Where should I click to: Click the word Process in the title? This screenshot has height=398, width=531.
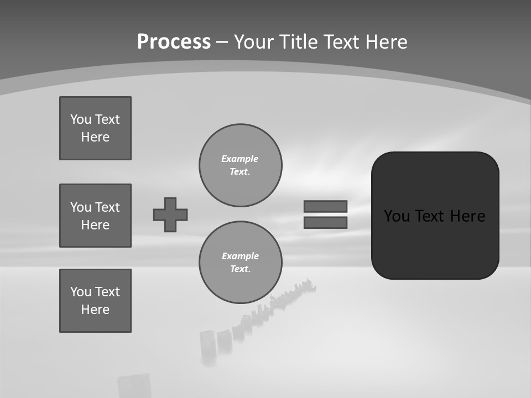click(x=174, y=42)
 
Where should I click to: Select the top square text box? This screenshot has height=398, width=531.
click(x=95, y=128)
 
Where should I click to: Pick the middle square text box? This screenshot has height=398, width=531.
click(x=95, y=216)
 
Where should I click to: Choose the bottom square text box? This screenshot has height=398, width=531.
click(x=95, y=301)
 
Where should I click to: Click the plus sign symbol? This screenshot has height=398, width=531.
click(x=170, y=214)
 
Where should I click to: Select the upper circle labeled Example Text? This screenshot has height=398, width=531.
click(x=240, y=165)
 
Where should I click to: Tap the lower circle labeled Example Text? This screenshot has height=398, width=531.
click(x=240, y=262)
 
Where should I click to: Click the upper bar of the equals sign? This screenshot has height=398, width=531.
click(x=325, y=206)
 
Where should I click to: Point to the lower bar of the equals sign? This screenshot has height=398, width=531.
click(x=325, y=222)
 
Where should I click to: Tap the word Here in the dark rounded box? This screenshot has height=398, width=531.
click(x=467, y=216)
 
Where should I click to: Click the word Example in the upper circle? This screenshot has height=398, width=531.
click(x=240, y=159)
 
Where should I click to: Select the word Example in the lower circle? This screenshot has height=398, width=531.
click(x=240, y=256)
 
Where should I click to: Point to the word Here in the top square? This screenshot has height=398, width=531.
click(x=95, y=137)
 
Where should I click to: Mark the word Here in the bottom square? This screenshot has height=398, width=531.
click(x=95, y=310)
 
